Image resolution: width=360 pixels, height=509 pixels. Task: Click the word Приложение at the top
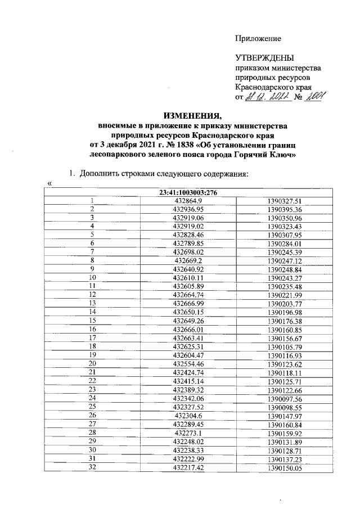coord(258,38)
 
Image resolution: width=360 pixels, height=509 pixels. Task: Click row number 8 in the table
coord(92,260)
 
